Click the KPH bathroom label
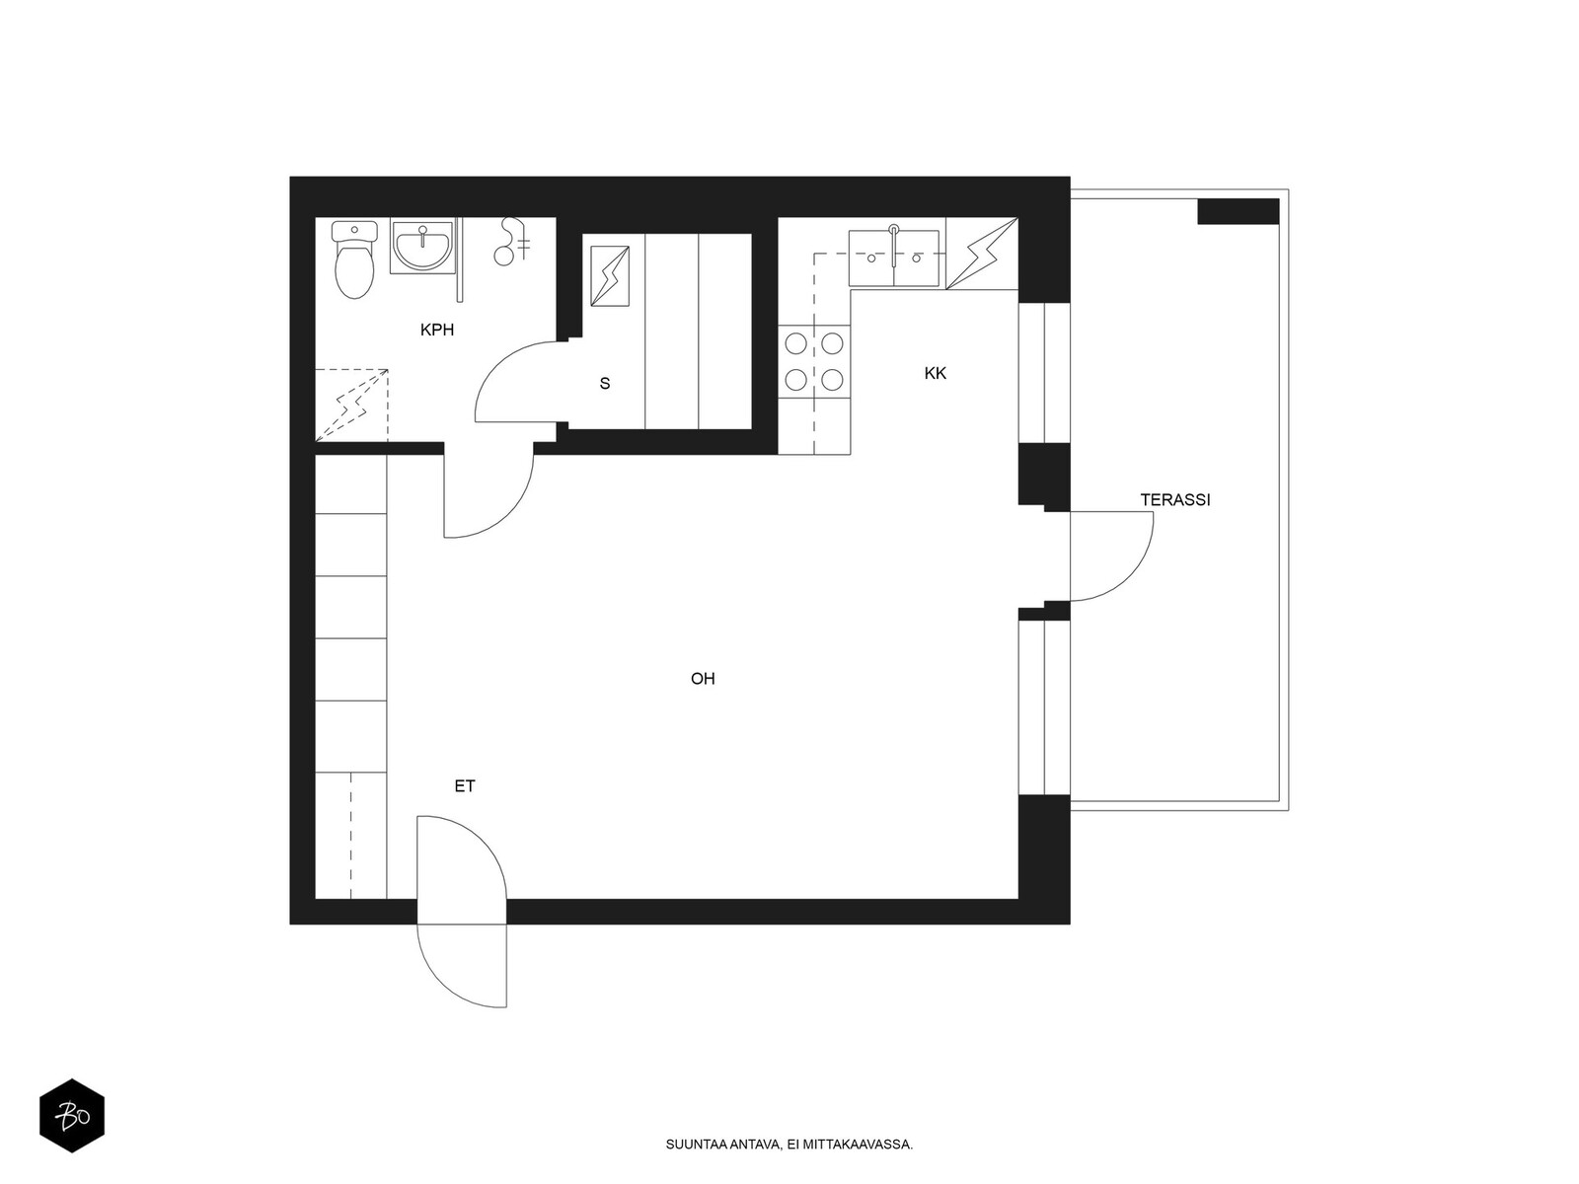pyautogui.click(x=436, y=330)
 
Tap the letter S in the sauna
pyautogui.click(x=605, y=384)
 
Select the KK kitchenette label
pyautogui.click(x=936, y=373)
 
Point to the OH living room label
pyautogui.click(x=703, y=679)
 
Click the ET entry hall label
pyautogui.click(x=465, y=786)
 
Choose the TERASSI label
pyautogui.click(x=1175, y=499)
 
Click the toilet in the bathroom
pyautogui.click(x=354, y=259)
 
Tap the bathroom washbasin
pyautogui.click(x=422, y=248)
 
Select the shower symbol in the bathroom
pyautogui.click(x=510, y=242)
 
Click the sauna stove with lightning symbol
pyautogui.click(x=610, y=276)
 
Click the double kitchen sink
pyautogui.click(x=893, y=259)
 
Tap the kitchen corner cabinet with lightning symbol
pyautogui.click(x=982, y=254)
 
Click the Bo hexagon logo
pyautogui.click(x=72, y=1116)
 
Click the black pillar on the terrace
pyautogui.click(x=1238, y=211)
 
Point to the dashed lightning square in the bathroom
pyautogui.click(x=351, y=406)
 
